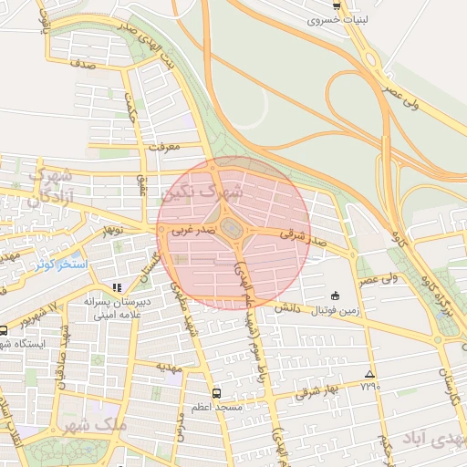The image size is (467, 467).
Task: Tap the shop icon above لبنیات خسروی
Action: (337, 5)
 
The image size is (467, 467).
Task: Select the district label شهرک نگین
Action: (202, 193)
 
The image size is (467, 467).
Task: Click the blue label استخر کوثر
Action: (60, 265)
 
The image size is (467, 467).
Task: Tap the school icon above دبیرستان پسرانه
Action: (116, 287)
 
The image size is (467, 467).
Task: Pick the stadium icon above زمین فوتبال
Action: (335, 296)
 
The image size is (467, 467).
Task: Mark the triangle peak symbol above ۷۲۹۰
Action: (369, 374)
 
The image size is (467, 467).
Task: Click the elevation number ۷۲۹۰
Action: (369, 387)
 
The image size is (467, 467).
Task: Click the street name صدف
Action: (81, 65)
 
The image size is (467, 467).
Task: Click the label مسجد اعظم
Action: (216, 406)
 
